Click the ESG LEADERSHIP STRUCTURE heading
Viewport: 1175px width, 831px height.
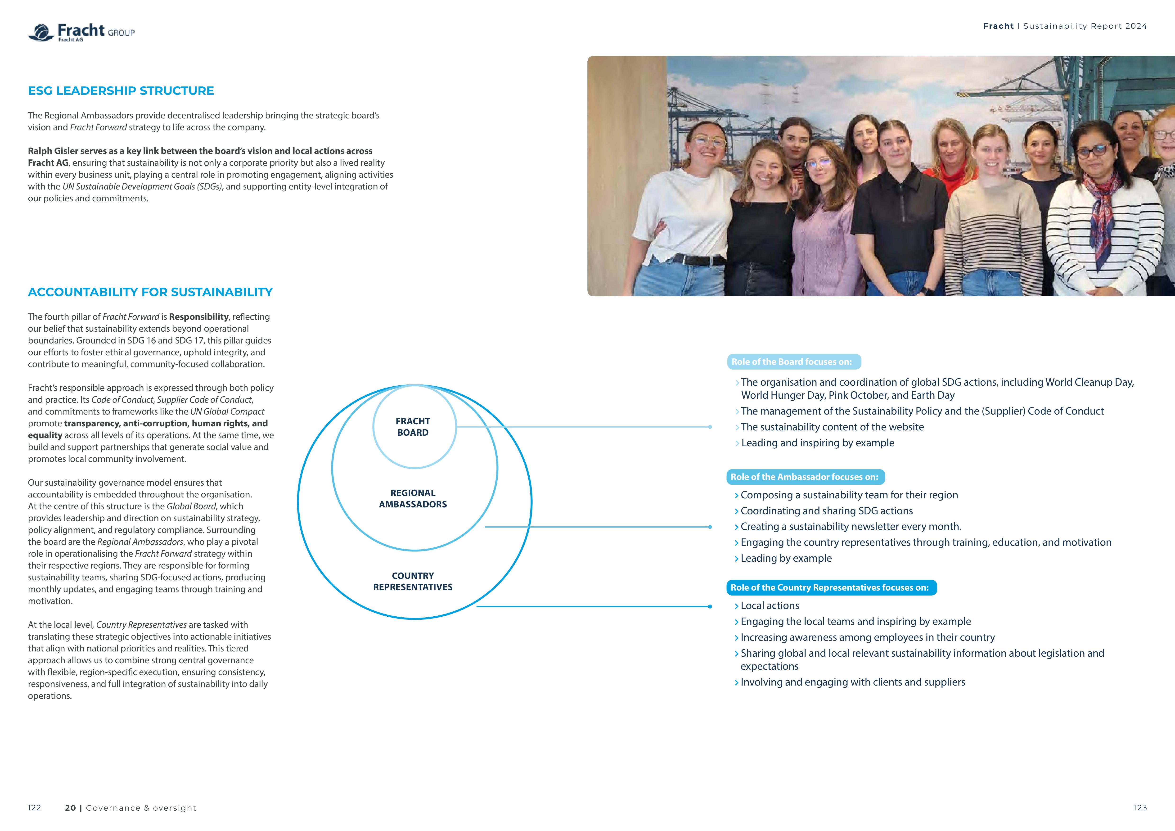(x=121, y=90)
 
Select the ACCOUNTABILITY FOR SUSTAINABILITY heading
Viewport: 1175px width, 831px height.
(x=150, y=292)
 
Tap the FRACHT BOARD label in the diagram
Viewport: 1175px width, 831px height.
(x=413, y=427)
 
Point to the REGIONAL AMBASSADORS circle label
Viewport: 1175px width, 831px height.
(x=413, y=498)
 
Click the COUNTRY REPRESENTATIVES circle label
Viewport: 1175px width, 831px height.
(x=413, y=581)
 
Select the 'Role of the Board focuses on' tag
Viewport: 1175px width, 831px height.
(x=793, y=362)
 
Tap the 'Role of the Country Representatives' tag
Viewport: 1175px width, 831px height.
(x=831, y=587)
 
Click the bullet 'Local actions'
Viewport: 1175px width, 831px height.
(x=770, y=606)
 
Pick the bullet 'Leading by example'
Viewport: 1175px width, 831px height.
(x=786, y=558)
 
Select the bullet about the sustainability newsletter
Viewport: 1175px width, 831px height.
(x=851, y=527)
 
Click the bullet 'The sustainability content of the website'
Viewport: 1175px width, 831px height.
(x=832, y=427)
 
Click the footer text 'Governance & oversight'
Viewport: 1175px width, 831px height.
(x=141, y=808)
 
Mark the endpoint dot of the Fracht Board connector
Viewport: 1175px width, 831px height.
(x=710, y=427)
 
